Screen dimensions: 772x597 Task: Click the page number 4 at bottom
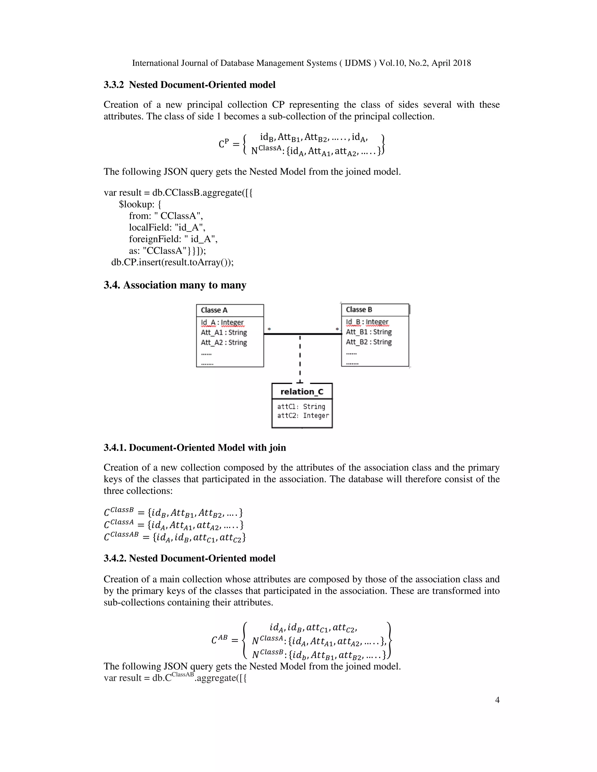(x=497, y=700)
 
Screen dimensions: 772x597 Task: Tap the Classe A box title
(x=214, y=310)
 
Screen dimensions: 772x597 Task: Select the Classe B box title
(x=359, y=309)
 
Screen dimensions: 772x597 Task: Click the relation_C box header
(x=302, y=391)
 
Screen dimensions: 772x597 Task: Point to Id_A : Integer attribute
(x=222, y=322)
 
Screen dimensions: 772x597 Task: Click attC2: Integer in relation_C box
(x=303, y=415)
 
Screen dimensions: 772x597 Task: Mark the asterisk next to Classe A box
(x=269, y=329)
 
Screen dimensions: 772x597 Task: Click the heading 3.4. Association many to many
(x=175, y=285)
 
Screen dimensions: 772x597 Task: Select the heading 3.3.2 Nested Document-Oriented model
(x=189, y=85)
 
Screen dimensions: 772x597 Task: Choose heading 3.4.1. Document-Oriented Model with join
(x=194, y=447)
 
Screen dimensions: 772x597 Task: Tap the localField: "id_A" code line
(x=167, y=227)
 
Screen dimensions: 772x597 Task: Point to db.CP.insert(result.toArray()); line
(x=172, y=262)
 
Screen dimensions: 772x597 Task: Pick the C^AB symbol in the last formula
(x=219, y=640)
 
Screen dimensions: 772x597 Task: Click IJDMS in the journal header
(x=358, y=63)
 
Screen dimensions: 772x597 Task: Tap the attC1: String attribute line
(x=301, y=406)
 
